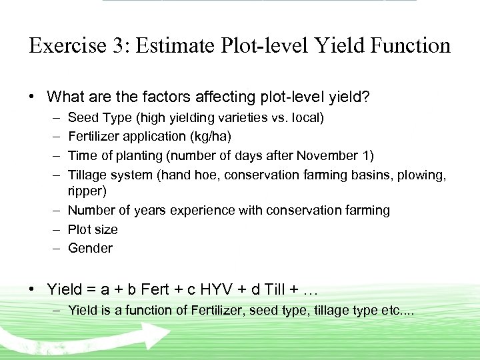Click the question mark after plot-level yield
[x=366, y=97]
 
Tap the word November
[x=326, y=155]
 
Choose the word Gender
[x=90, y=248]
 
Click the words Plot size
[x=93, y=229]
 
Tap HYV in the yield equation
[x=234, y=289]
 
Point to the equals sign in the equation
[x=91, y=290]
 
